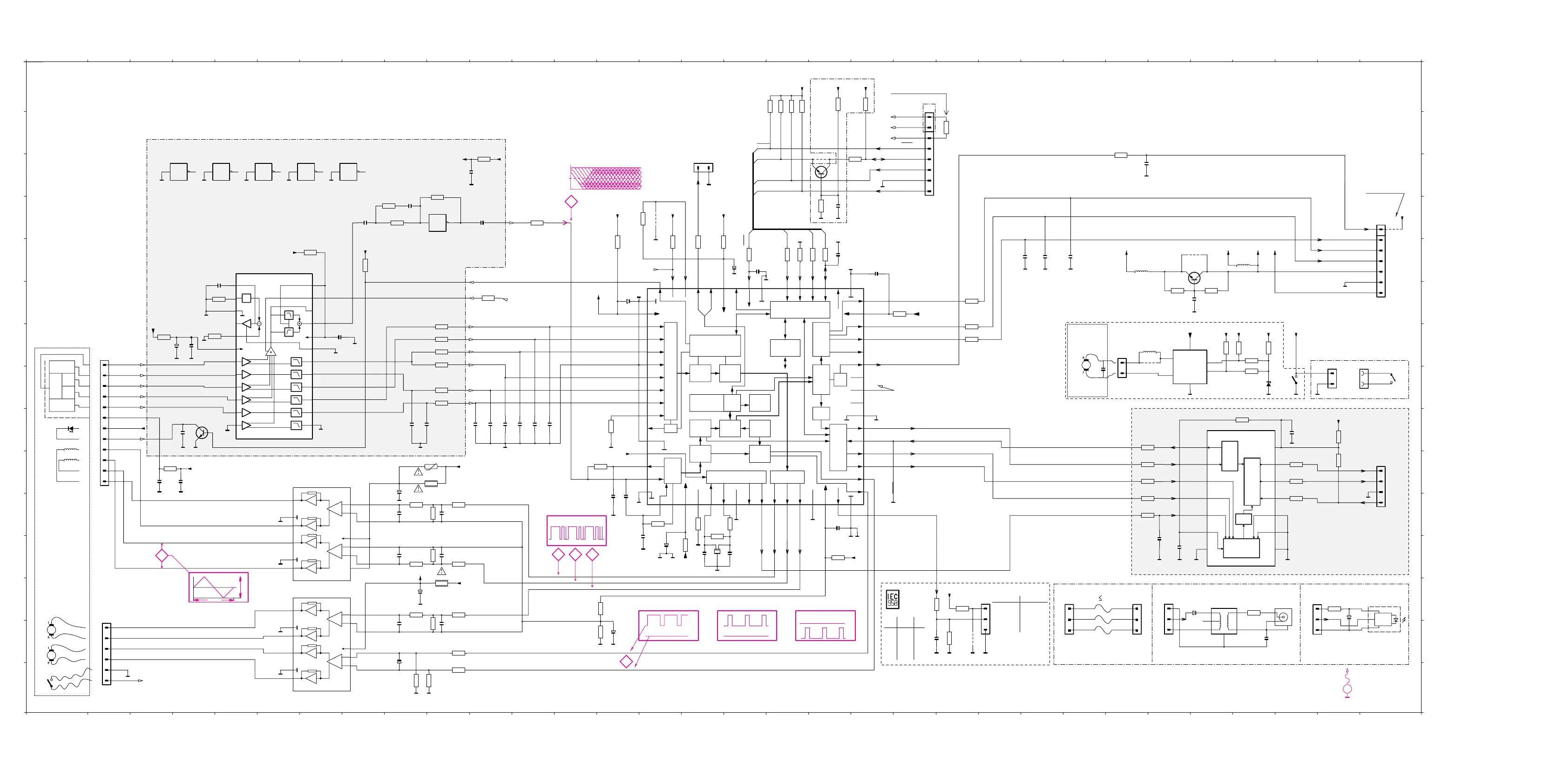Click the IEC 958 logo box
(892, 599)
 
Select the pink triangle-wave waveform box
(218, 587)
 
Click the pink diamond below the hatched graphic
(570, 202)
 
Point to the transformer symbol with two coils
(1224, 621)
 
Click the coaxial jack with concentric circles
(1283, 617)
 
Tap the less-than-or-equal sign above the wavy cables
(1100, 598)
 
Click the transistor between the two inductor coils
(1194, 278)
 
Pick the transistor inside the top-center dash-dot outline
(820, 172)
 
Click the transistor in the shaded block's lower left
(202, 432)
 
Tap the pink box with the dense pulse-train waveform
(576, 531)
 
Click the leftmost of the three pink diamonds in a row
(558, 554)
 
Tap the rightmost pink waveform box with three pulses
(825, 625)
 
